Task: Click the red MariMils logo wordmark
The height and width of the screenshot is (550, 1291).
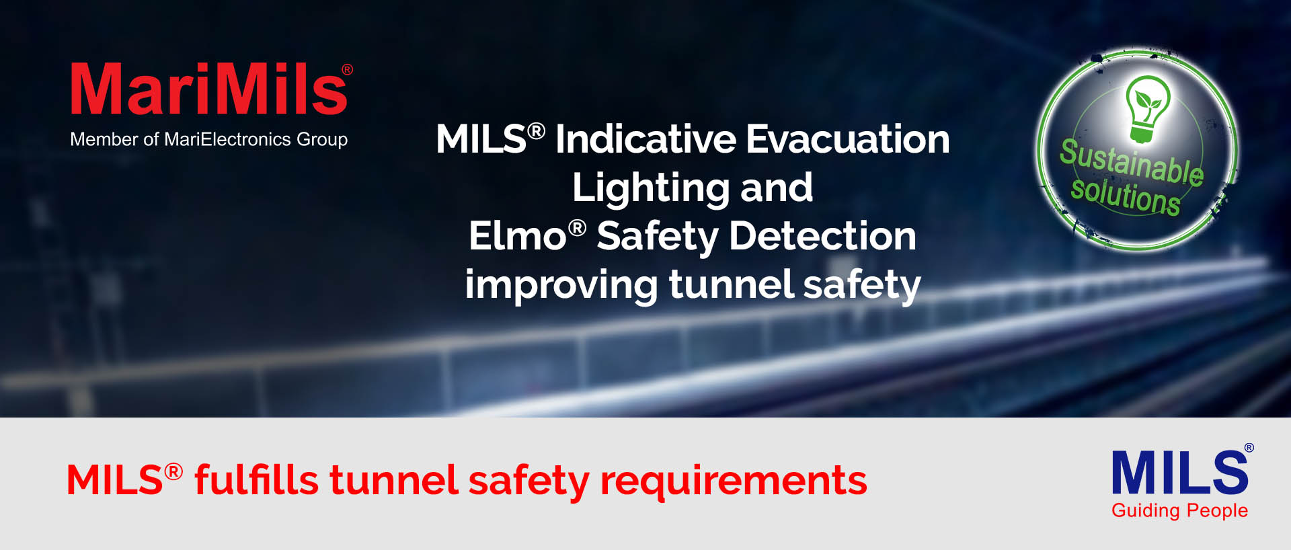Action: [x=208, y=89]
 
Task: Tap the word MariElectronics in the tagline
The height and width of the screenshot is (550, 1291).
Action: [x=228, y=139]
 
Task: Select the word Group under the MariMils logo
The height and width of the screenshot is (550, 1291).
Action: [x=322, y=140]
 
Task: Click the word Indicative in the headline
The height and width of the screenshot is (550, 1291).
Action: [x=646, y=139]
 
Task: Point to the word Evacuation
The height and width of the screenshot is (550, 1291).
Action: [x=848, y=139]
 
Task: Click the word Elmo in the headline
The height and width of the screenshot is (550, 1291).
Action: [x=518, y=236]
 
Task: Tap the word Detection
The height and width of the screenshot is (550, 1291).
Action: [x=822, y=236]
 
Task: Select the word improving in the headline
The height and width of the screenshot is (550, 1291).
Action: [x=561, y=285]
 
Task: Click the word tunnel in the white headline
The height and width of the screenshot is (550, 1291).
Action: [x=732, y=284]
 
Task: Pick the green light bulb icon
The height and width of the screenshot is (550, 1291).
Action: [x=1148, y=109]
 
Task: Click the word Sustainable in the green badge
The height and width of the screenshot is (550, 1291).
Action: [x=1132, y=161]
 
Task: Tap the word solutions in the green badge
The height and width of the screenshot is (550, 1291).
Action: [x=1126, y=195]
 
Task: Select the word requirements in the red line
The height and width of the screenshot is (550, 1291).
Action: [x=734, y=481]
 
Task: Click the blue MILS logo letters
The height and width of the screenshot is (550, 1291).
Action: [x=1180, y=472]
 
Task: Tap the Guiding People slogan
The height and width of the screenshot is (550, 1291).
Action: [x=1180, y=510]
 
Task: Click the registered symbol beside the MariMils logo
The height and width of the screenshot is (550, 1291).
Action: [x=347, y=69]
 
